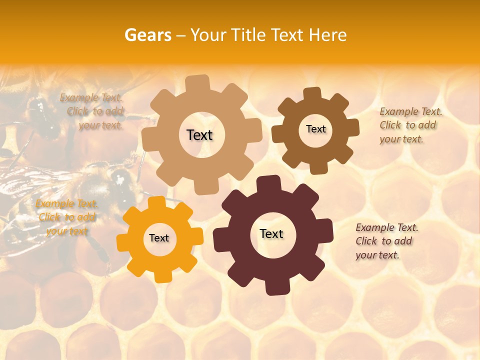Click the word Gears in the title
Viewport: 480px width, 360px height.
pos(147,35)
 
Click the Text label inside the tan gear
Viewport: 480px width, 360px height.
pos(199,135)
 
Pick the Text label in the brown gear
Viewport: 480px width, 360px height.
pos(315,129)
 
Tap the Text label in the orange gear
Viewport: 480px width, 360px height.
pos(159,238)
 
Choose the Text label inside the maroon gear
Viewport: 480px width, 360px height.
pos(271,234)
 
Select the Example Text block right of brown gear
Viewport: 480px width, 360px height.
pos(410,125)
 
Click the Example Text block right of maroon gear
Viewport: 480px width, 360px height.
pos(386,241)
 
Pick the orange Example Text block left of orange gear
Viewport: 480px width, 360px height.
pos(67,217)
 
